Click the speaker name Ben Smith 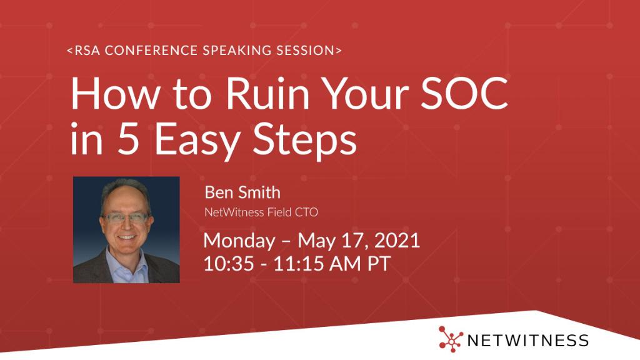coord(242,192)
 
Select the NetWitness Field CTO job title coord(261,212)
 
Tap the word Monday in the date coord(239,241)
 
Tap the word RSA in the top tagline coord(86,51)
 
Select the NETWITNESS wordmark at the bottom coord(528,340)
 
